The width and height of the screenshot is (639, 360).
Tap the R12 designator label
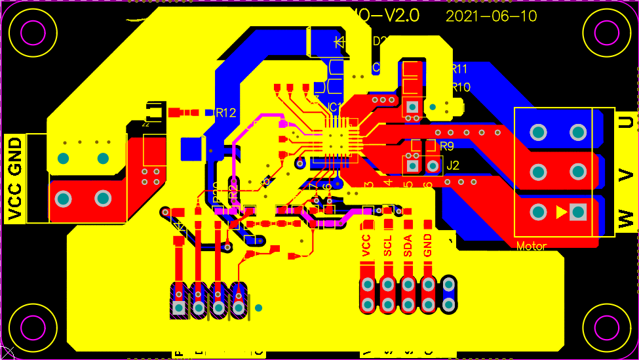tap(225, 113)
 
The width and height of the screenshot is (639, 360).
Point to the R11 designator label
tap(459, 70)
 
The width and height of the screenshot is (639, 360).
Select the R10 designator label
tap(460, 87)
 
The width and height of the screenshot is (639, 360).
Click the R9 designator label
tap(447, 146)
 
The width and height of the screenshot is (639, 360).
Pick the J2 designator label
tap(452, 167)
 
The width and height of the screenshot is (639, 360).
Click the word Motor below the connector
tap(532, 247)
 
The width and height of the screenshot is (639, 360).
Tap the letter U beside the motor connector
tap(627, 122)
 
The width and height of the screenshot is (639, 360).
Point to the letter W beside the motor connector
tap(627, 217)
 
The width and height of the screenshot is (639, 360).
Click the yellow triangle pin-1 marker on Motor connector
tap(560, 212)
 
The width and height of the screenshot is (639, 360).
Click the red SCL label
tap(387, 245)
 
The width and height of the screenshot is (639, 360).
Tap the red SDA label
tap(408, 245)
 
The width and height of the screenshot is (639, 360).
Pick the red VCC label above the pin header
tap(366, 245)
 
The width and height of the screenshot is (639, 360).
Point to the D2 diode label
tap(379, 41)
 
